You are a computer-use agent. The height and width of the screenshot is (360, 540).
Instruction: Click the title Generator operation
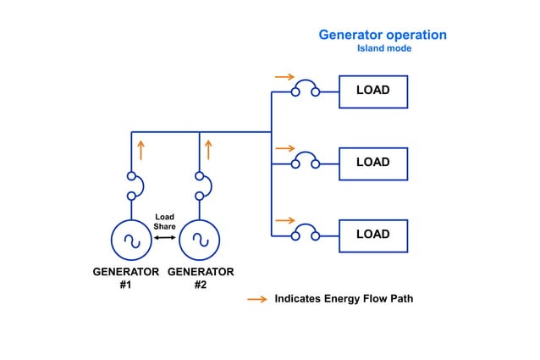pyautogui.click(x=383, y=35)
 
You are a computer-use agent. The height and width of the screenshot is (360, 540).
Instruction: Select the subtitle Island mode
pyautogui.click(x=383, y=49)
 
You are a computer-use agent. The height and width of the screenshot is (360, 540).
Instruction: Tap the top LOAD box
pyautogui.click(x=372, y=91)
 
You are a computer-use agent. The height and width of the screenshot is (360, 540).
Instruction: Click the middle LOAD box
pyautogui.click(x=372, y=163)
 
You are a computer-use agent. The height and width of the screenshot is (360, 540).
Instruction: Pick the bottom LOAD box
pyautogui.click(x=372, y=235)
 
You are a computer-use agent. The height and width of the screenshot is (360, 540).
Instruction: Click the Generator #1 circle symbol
pyautogui.click(x=131, y=239)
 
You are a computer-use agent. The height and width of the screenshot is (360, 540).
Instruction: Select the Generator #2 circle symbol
pyautogui.click(x=200, y=239)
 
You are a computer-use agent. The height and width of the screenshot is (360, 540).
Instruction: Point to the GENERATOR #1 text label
pyautogui.click(x=125, y=279)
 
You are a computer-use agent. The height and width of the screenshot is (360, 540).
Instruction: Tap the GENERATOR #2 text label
pyautogui.click(x=201, y=279)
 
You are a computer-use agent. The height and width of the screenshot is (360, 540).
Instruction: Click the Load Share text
pyautogui.click(x=164, y=223)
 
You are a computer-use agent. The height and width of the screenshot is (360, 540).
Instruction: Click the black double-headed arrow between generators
pyautogui.click(x=164, y=238)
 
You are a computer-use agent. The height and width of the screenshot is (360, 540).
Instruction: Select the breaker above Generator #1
pyautogui.click(x=132, y=186)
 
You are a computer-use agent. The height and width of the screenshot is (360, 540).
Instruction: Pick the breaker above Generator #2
pyautogui.click(x=200, y=186)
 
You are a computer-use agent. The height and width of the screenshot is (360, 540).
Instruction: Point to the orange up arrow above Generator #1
pyautogui.click(x=141, y=150)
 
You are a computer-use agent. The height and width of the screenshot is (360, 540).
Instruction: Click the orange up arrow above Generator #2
pyautogui.click(x=208, y=150)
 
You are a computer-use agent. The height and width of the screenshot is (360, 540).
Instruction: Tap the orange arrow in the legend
pyautogui.click(x=256, y=300)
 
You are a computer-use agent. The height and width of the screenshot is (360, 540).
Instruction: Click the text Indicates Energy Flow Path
pyautogui.click(x=344, y=300)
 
